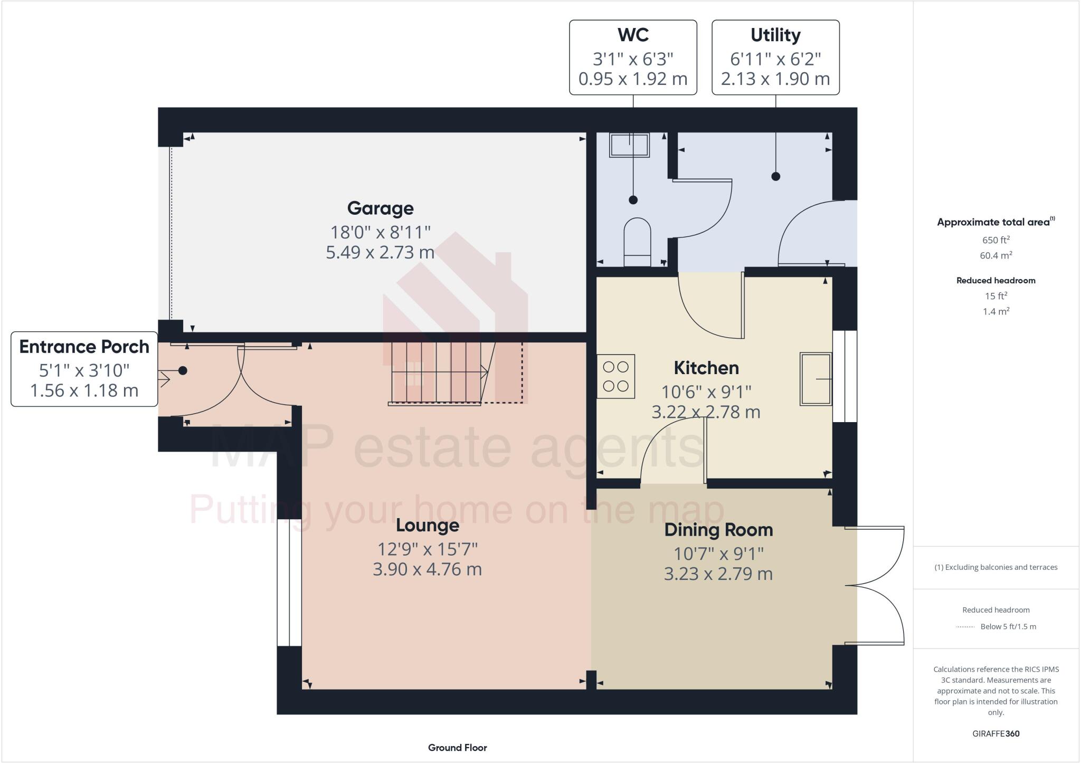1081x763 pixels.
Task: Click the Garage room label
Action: pos(380,208)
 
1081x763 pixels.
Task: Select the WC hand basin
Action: pos(629,145)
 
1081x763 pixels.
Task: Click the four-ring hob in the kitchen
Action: pos(616,376)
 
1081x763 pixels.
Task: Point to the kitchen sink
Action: pos(816,379)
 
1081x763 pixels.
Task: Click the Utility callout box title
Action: pos(775,35)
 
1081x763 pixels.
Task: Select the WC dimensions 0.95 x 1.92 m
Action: pos(633,79)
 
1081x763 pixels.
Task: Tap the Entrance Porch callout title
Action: pos(84,347)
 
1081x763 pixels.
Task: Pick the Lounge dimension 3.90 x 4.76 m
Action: pos(427,569)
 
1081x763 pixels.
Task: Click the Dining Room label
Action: pos(718,530)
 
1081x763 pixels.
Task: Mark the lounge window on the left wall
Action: pos(289,583)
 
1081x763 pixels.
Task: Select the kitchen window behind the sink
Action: pos(845,376)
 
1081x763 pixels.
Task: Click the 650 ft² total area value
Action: pos(995,240)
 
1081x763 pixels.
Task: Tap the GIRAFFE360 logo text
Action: pos(995,733)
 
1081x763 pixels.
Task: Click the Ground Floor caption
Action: pos(457,748)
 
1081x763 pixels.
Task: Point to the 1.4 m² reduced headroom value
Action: pos(995,311)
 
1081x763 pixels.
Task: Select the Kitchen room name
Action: pos(706,368)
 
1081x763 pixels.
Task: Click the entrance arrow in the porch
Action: pos(164,379)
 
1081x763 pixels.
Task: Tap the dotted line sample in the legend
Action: pos(965,627)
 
